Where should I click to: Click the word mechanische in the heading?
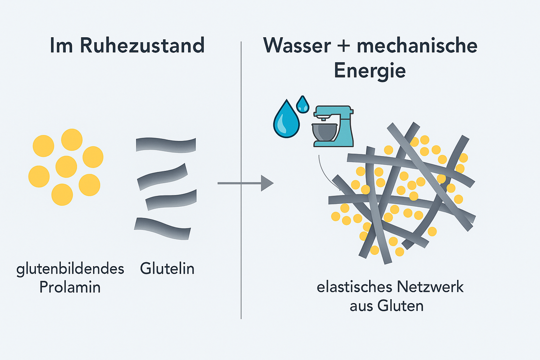tap(416, 46)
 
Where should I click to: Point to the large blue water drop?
tap(286, 120)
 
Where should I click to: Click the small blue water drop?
tap(303, 103)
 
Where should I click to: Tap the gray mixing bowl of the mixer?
tap(324, 132)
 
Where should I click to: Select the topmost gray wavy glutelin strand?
tap(165, 145)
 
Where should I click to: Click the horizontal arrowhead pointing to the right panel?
tap(267, 183)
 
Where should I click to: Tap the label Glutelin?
tap(167, 269)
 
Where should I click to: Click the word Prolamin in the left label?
tap(70, 287)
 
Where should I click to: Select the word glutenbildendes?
tap(70, 269)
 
